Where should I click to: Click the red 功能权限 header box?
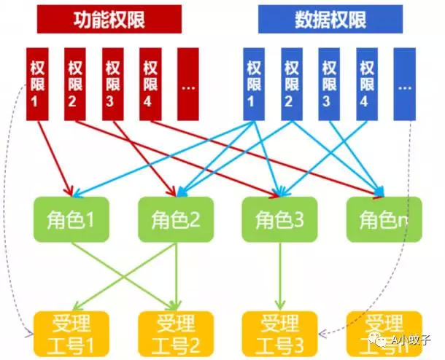[109, 20]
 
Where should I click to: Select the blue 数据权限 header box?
[330, 20]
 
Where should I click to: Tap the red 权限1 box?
[36, 84]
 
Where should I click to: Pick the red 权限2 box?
[75, 84]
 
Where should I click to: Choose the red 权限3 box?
[113, 84]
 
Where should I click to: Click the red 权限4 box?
[151, 84]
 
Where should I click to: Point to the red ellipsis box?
[188, 84]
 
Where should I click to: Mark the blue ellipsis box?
[405, 84]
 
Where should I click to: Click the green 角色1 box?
[71, 219]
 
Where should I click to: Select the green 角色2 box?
[175, 219]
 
